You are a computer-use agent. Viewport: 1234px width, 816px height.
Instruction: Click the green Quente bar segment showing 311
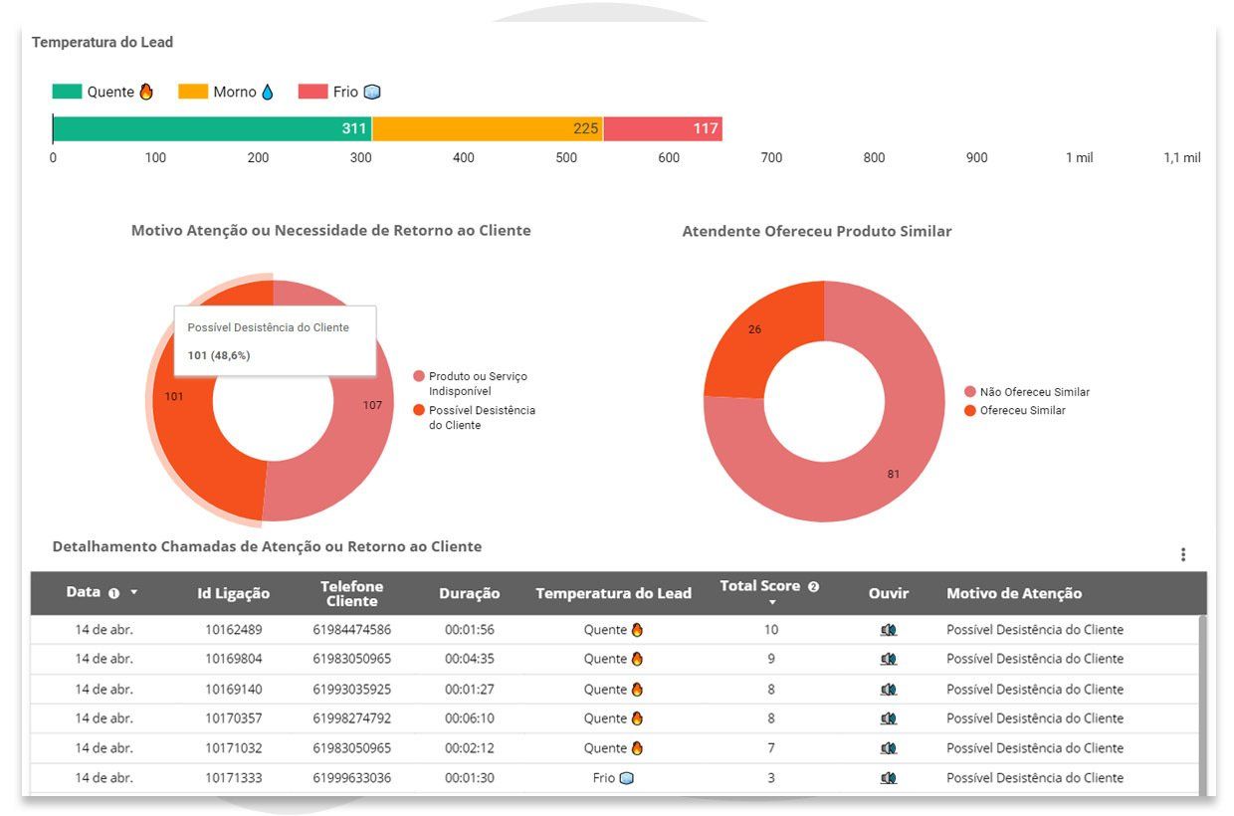212,128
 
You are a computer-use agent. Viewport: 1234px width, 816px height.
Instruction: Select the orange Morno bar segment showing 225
488,128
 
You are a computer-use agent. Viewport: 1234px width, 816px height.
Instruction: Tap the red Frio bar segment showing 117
663,128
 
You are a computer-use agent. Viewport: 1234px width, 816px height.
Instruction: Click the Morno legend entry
226,92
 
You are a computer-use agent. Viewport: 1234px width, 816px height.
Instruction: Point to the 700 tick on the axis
771,157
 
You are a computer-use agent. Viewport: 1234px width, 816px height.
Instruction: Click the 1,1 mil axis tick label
1181,157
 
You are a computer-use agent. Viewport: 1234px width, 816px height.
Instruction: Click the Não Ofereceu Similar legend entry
1027,392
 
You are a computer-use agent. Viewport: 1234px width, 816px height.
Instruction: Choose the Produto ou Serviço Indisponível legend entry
470,383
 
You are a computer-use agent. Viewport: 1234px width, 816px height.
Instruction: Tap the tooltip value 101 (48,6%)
219,355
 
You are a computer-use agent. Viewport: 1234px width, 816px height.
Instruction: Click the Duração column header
470,593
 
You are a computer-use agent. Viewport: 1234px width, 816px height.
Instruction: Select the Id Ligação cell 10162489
234,630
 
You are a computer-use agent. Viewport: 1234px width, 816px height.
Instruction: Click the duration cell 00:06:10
470,718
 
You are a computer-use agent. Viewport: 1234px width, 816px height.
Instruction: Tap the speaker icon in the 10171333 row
889,778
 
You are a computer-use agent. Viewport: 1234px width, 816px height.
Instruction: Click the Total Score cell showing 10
771,630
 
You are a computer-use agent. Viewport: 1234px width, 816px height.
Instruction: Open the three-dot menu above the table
1183,554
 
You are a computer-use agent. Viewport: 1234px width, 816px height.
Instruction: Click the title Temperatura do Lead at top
103,42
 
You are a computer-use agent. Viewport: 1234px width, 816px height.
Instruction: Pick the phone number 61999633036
352,778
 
